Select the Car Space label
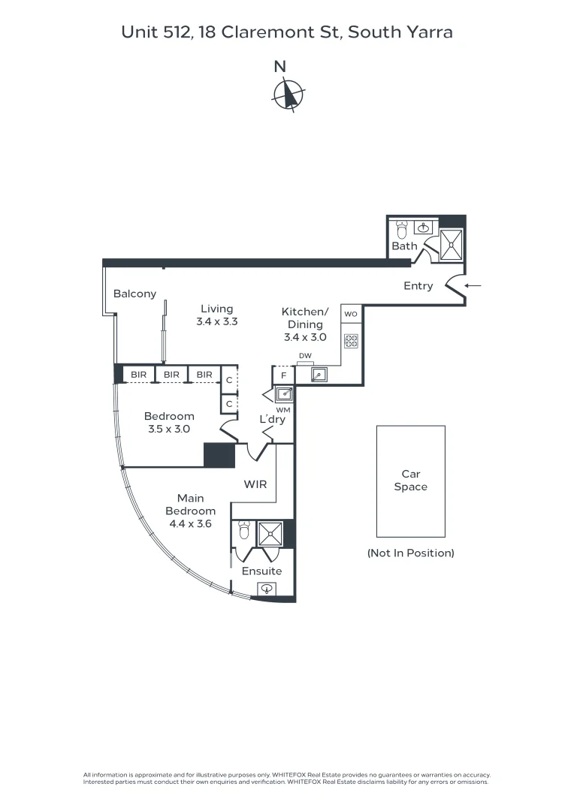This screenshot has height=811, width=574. pyautogui.click(x=410, y=481)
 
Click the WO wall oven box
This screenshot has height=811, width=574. pyautogui.click(x=351, y=313)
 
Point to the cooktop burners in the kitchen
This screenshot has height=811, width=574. pyautogui.click(x=351, y=341)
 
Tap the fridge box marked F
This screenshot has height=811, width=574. pyautogui.click(x=283, y=375)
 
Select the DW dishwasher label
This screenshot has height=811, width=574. pyautogui.click(x=304, y=356)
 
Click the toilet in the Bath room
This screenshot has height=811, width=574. pyautogui.click(x=402, y=227)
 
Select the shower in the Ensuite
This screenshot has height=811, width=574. pyautogui.click(x=270, y=534)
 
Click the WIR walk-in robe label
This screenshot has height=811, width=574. pyautogui.click(x=255, y=485)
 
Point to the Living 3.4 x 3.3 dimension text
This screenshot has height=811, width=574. pyautogui.click(x=216, y=321)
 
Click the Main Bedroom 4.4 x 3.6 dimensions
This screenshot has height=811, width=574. pyautogui.click(x=190, y=524)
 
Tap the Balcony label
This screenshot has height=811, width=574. pyautogui.click(x=134, y=294)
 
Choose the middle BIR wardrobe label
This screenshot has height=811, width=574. pyautogui.click(x=171, y=374)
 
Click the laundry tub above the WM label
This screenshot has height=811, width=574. pyautogui.click(x=283, y=393)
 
